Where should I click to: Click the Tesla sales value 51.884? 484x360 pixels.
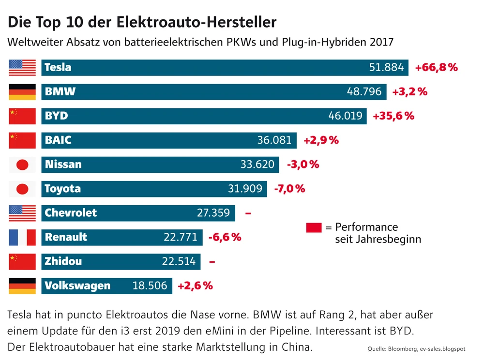[386, 68]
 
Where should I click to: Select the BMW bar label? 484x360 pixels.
[60, 92]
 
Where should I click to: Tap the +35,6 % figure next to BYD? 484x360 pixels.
[393, 116]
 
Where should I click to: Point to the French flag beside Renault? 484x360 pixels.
[22, 237]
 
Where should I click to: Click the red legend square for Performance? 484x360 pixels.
[314, 227]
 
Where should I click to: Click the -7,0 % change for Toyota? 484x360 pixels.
[289, 189]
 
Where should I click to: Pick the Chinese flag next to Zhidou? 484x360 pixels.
[22, 261]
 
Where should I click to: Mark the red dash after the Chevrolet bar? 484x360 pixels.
[248, 213]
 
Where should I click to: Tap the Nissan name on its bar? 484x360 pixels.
[63, 165]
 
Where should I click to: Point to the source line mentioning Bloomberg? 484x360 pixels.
[416, 348]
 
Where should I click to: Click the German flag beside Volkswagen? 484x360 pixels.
[22, 286]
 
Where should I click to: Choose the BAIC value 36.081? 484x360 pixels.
[274, 140]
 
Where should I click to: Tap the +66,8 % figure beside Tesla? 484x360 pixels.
[436, 68]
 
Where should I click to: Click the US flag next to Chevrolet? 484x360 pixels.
[22, 213]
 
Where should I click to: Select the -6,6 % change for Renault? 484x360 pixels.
[225, 238]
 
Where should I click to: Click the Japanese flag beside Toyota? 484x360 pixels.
[22, 189]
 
